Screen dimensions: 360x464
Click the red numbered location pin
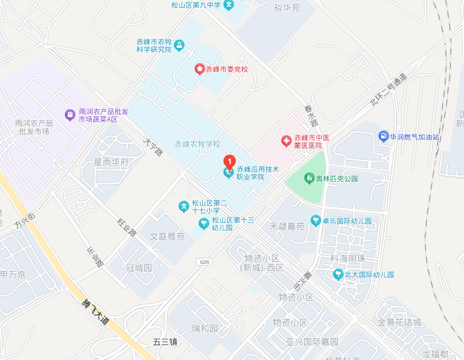(229, 161)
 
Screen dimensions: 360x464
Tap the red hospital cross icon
(286, 141)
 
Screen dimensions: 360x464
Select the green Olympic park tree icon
(308, 178)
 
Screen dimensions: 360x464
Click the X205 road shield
(204, 261)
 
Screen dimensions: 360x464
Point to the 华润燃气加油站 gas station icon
(384, 136)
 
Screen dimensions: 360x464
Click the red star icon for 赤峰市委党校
(199, 69)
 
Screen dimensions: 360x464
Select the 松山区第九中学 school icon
(229, 5)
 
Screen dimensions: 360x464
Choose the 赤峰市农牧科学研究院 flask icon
(179, 45)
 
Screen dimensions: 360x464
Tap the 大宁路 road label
(153, 148)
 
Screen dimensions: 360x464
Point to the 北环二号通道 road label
(388, 90)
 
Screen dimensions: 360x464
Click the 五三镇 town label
(165, 342)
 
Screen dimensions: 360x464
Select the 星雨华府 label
(111, 162)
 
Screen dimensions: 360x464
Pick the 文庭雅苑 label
(167, 237)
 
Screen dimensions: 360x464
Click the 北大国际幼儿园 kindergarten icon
(338, 274)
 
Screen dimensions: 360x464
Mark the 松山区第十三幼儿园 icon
(203, 224)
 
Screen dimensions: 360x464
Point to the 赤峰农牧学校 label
(197, 144)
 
